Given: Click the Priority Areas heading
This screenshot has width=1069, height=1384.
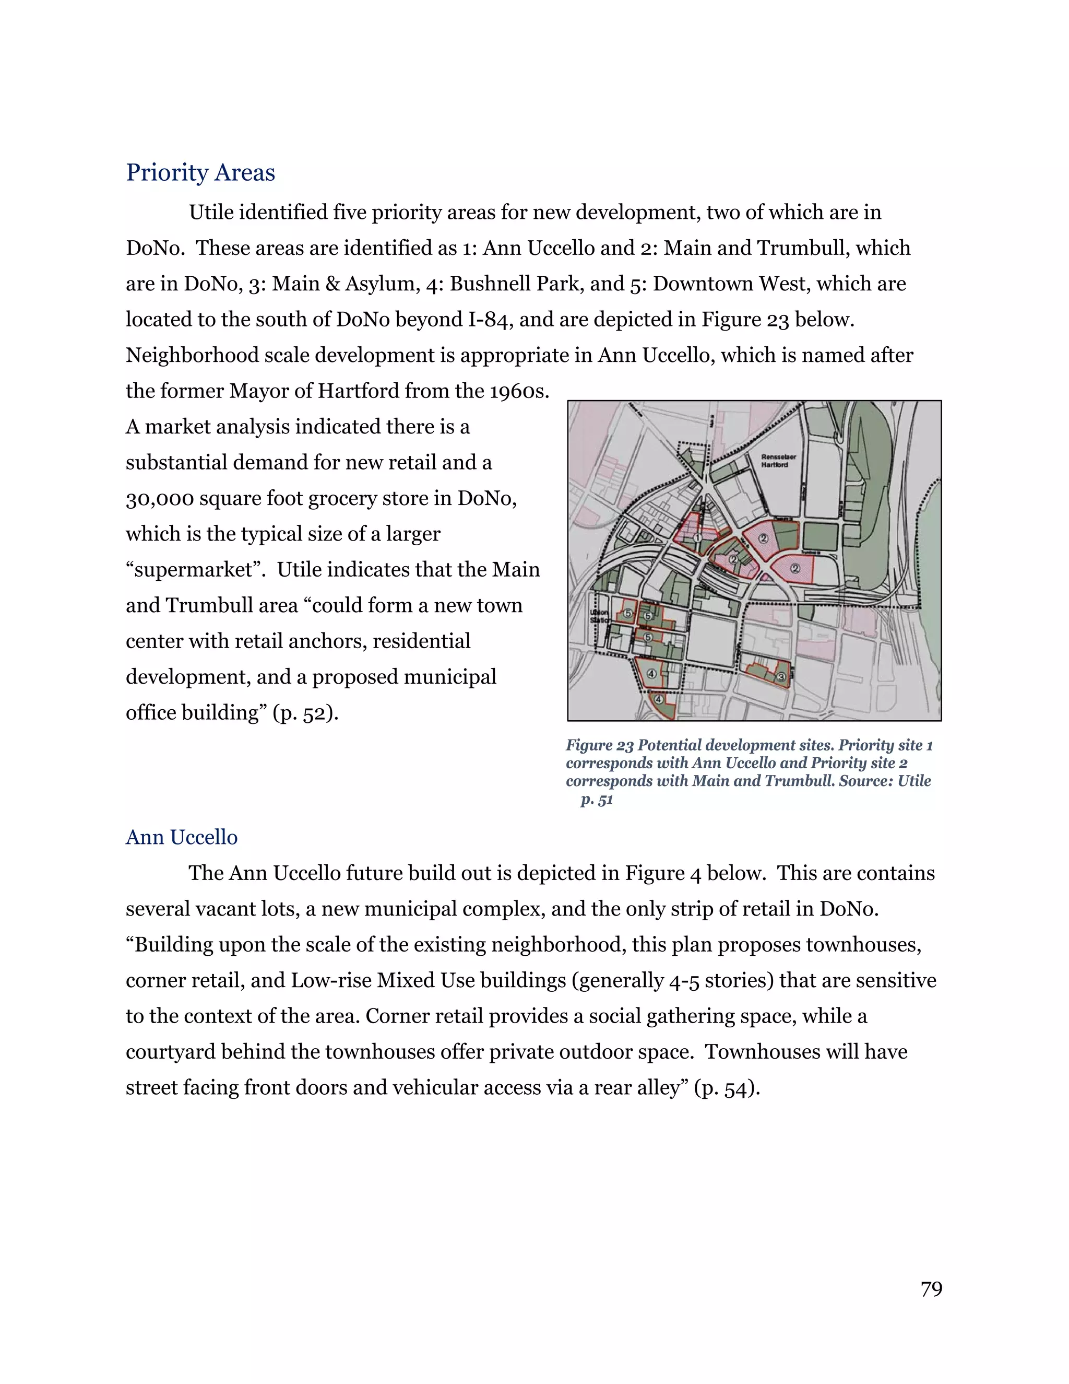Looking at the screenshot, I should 200,172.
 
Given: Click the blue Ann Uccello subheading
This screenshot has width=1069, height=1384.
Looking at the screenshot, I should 181,837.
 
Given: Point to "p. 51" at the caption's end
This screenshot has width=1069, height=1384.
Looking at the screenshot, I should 597,800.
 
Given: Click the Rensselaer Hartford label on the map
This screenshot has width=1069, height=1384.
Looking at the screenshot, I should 775,461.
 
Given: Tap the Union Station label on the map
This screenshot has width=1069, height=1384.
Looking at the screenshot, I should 599,616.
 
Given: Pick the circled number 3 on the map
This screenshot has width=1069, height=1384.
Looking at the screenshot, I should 781,677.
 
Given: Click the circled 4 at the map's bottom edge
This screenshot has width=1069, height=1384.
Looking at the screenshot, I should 659,700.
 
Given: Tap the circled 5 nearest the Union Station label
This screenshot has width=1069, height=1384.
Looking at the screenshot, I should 627,613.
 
